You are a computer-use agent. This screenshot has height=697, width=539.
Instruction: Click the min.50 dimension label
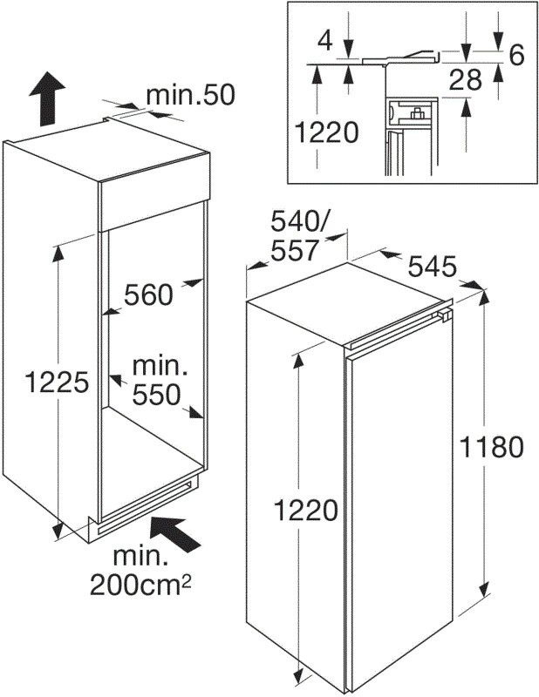coord(190,95)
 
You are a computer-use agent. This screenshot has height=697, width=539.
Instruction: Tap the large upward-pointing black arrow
coord(47,98)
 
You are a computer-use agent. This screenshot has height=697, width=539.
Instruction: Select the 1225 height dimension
coord(57,382)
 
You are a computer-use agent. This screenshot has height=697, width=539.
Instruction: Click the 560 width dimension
coord(148,294)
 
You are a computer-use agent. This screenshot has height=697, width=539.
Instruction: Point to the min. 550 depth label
coord(158,380)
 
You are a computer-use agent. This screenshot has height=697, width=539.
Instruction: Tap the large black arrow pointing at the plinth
coord(175,535)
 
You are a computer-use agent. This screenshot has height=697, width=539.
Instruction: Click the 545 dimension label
coord(433,267)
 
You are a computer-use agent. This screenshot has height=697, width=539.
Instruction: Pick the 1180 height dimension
coord(491,447)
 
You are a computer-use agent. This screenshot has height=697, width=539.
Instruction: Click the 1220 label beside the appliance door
coord(305,510)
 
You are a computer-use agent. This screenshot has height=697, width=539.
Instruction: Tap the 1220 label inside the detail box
coord(326,132)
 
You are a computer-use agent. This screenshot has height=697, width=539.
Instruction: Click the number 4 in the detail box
coord(325,41)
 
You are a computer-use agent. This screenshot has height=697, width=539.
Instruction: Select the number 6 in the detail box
coord(516,55)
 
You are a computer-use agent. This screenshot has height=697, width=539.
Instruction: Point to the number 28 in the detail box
coord(466,80)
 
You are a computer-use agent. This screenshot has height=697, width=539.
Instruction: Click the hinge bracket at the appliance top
coord(444,315)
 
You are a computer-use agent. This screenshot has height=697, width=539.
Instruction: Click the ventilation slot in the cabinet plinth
coord(142,507)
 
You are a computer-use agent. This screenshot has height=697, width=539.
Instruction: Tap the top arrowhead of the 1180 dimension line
coord(484,297)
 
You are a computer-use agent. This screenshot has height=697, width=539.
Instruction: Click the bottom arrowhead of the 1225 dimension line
coord(58,531)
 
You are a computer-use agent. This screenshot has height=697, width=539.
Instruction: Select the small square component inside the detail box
coord(417,114)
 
